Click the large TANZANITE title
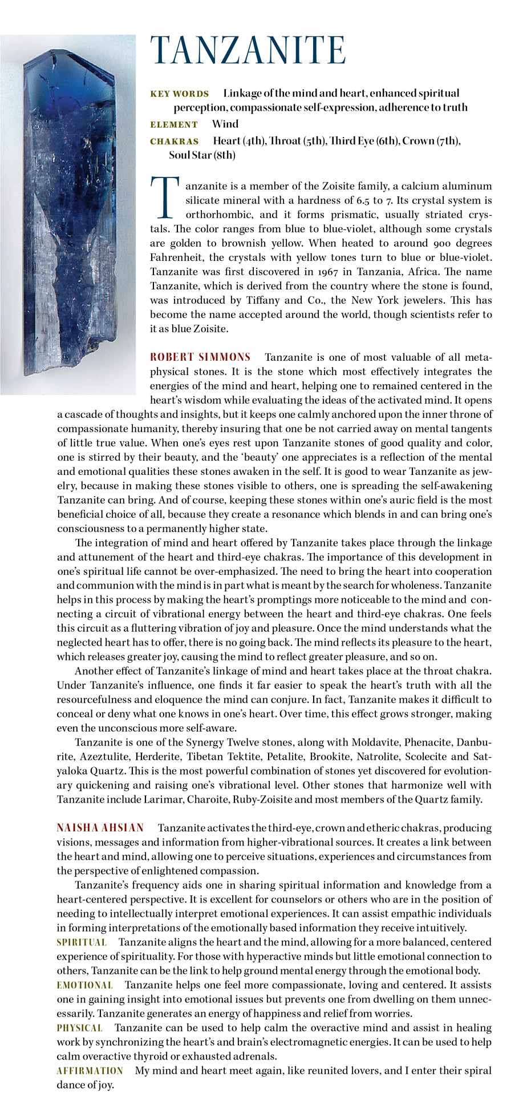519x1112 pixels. click(x=248, y=51)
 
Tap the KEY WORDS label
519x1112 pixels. click(x=179, y=94)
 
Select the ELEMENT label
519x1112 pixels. click(x=174, y=124)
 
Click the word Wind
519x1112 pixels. click(x=225, y=124)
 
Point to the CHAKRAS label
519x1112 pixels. click(x=175, y=142)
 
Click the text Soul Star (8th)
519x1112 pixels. click(x=202, y=155)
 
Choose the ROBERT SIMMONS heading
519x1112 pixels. click(x=200, y=357)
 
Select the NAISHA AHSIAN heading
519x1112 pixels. click(x=100, y=828)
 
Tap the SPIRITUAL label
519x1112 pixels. click(x=82, y=942)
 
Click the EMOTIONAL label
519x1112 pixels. click(x=84, y=985)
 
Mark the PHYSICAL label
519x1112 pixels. click(x=79, y=1028)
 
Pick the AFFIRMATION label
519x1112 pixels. click(x=90, y=1071)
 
